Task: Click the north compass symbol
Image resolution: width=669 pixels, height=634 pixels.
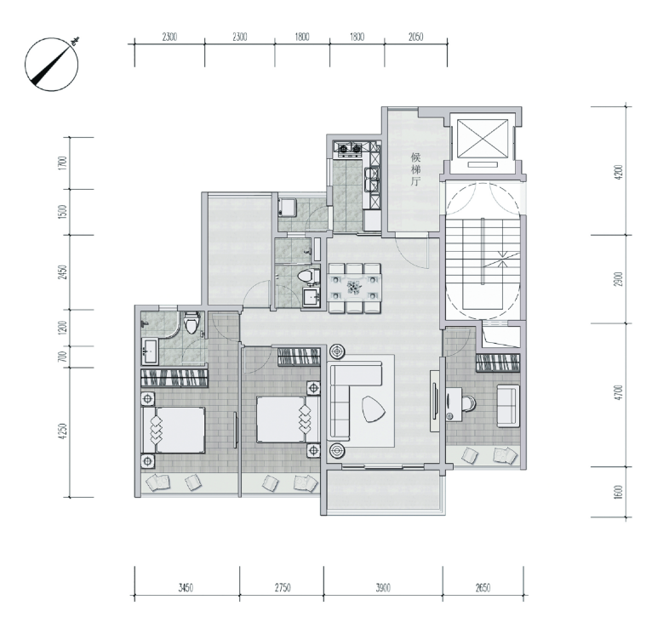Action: (52, 64)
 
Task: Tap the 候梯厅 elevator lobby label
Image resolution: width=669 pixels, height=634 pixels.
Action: (415, 169)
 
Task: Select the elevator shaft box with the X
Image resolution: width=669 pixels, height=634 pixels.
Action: (483, 139)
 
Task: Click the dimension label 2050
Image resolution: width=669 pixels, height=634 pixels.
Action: (415, 37)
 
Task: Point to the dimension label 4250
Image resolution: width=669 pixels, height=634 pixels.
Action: (63, 431)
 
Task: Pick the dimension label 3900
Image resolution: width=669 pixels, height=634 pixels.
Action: (383, 588)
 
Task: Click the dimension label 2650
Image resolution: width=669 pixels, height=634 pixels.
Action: (483, 588)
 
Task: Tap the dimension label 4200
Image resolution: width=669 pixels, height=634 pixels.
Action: (619, 172)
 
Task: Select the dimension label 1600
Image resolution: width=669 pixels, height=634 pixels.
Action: (619, 492)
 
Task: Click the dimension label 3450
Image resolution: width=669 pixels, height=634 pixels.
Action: (186, 588)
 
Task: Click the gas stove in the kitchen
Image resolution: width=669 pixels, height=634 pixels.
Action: (350, 148)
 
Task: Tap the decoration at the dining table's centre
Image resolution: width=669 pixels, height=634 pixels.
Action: (354, 287)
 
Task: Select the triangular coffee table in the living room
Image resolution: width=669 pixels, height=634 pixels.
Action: (374, 409)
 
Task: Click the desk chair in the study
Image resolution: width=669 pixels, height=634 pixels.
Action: (467, 403)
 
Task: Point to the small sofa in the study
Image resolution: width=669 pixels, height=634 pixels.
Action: (508, 405)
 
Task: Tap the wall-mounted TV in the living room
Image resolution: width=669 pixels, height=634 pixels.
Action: (435, 402)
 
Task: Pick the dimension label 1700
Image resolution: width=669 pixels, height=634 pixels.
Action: (63, 163)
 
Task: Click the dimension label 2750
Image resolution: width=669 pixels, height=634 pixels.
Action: (283, 588)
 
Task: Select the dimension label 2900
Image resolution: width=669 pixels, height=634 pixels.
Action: (619, 279)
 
